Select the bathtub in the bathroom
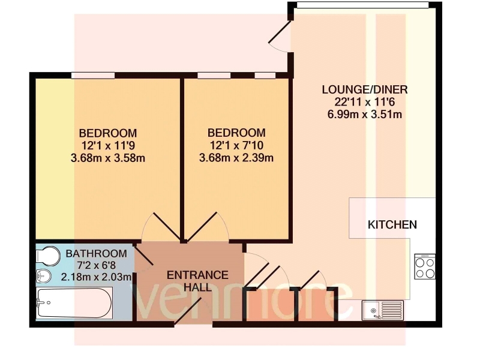coord(74,304)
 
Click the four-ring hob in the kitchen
coord(425,266)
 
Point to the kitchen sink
coord(383,310)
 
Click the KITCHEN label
coord(392,224)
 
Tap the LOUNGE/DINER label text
coord(365,89)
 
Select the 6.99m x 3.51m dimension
coord(365,115)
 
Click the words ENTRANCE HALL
coord(197,281)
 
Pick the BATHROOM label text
coord(97,253)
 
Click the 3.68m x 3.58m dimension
coord(108,158)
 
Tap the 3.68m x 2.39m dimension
coord(236,158)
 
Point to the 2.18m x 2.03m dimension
coord(97,277)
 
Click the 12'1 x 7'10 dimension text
coord(236,145)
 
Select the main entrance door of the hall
coord(188,310)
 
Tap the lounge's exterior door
coord(280,32)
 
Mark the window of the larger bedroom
coord(93,76)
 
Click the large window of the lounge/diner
coord(363,5)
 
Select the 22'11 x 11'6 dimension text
coord(365,102)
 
